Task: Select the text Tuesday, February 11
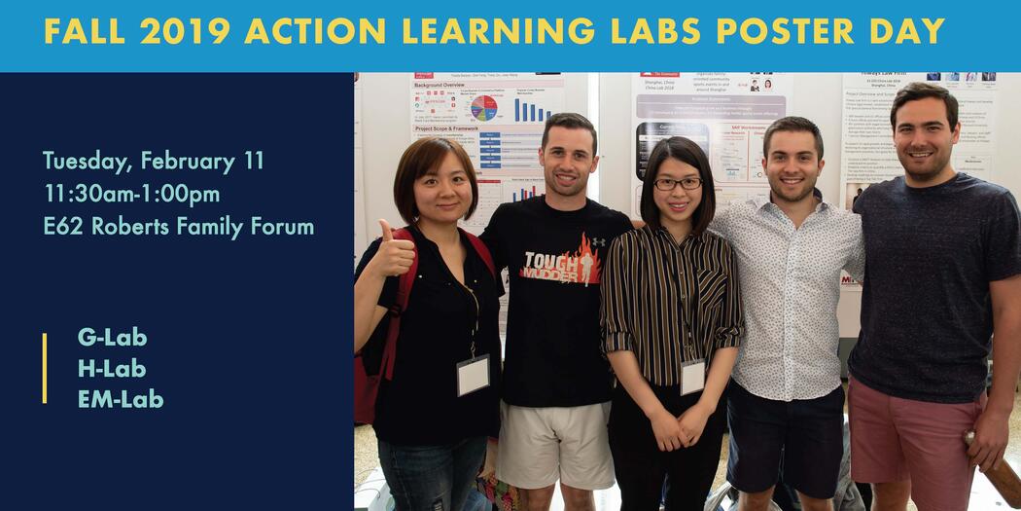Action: click(154, 161)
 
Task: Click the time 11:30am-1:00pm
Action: click(131, 194)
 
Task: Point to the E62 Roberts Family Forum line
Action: click(178, 227)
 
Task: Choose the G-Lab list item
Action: click(112, 338)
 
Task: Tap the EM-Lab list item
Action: click(121, 398)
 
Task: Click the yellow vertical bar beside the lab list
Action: click(45, 368)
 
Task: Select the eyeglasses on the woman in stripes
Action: click(678, 182)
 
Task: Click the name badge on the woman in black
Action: click(474, 375)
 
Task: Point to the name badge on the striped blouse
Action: click(692, 377)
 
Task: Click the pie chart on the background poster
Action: click(483, 107)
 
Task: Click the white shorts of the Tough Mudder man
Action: click(554, 443)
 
